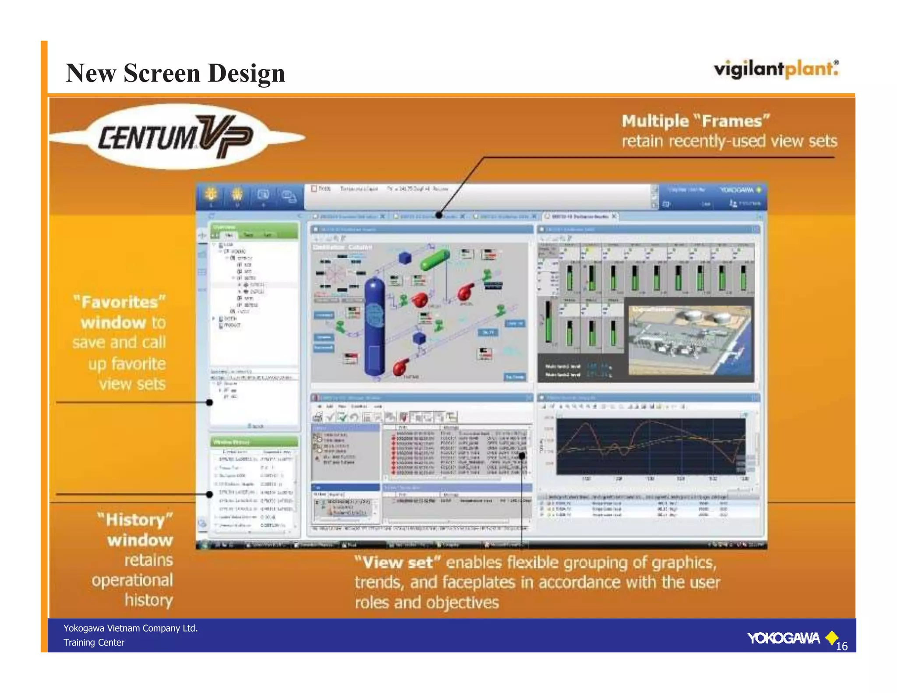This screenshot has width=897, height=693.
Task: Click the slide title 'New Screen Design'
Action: (x=175, y=73)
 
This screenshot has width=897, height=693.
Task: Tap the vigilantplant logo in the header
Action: (x=776, y=69)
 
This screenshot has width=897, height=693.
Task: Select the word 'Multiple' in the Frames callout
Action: (x=655, y=121)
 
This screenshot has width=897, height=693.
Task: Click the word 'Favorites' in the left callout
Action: (x=120, y=302)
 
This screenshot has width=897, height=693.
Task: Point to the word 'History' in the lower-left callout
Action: (x=135, y=520)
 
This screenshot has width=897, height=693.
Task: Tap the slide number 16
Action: (x=841, y=646)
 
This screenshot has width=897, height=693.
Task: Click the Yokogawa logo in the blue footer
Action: (x=783, y=638)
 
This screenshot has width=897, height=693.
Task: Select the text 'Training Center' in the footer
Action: (x=94, y=643)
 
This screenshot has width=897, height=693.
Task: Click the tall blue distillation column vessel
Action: (x=374, y=326)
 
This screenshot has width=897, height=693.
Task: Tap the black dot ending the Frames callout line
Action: (x=439, y=215)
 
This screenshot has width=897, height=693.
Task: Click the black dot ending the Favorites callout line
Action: (x=210, y=402)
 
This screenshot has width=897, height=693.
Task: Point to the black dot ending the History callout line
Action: (x=210, y=494)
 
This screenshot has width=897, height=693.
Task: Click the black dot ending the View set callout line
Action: (x=522, y=456)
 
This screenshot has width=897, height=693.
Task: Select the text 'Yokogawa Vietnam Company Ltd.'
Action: (x=131, y=628)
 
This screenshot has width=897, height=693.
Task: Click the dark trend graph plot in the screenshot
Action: (x=650, y=446)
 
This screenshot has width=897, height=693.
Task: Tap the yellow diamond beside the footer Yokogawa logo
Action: (x=831, y=637)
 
